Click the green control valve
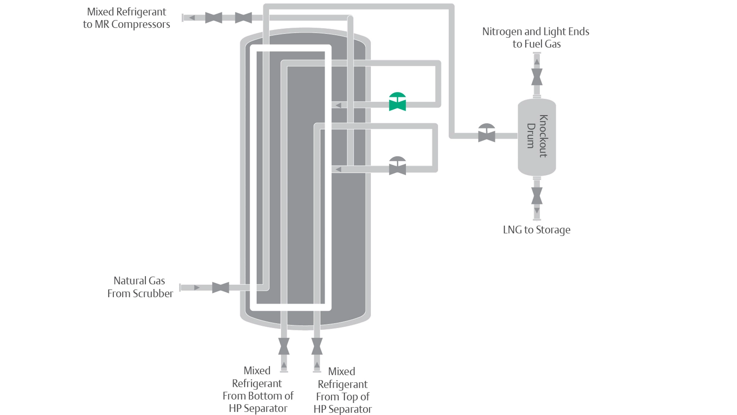397,102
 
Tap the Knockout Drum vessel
537,136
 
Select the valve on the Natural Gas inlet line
220,287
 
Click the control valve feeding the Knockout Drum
486,134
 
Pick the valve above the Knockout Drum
537,77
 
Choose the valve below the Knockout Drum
537,196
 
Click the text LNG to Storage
536,230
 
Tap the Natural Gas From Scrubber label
140,287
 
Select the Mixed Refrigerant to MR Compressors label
126,18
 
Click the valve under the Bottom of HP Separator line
284,346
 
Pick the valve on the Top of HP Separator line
317,346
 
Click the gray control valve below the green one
397,166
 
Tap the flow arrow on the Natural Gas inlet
197,287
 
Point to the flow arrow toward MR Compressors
192,18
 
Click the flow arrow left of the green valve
338,105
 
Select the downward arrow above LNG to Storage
537,211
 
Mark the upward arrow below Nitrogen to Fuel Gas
537,62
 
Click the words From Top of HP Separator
342,403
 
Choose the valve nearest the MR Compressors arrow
213,18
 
